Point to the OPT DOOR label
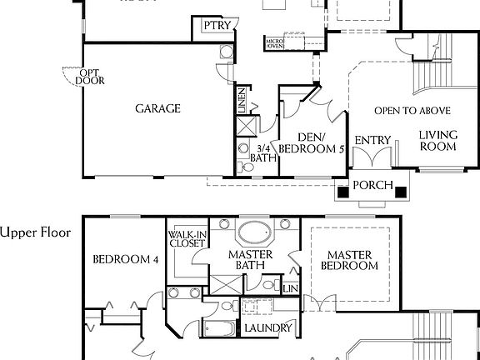click(x=90, y=77)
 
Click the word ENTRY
click(x=372, y=140)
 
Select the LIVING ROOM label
click(x=437, y=140)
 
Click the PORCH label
click(x=373, y=185)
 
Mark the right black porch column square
click(x=402, y=192)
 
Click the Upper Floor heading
click(x=35, y=232)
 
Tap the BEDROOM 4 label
click(x=125, y=259)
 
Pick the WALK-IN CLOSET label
click(x=186, y=240)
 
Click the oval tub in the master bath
click(x=253, y=231)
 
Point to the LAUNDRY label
click(x=267, y=328)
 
